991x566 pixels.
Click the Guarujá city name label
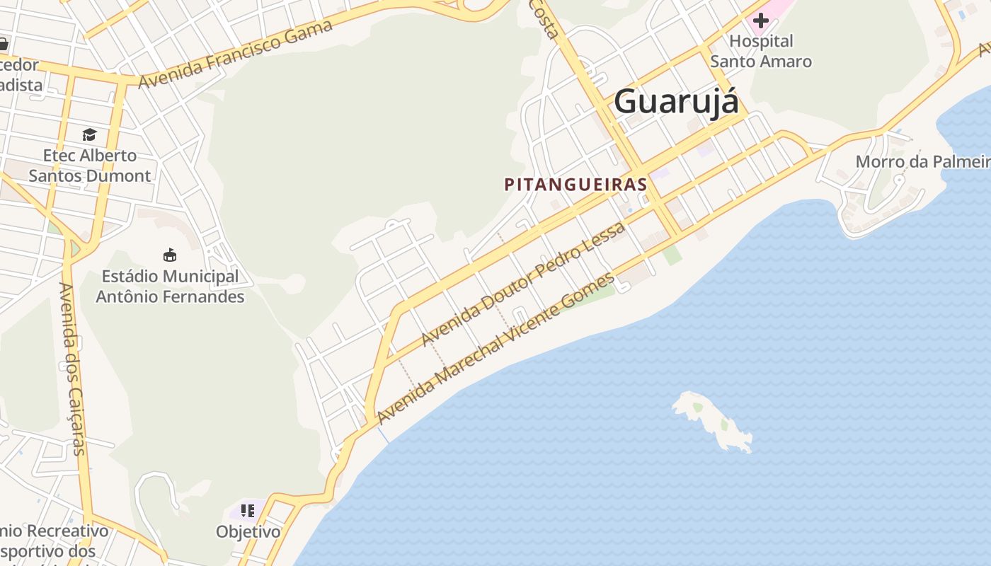coord(676,101)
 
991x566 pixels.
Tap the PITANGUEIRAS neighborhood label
coord(575,185)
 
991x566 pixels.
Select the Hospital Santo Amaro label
coord(761,51)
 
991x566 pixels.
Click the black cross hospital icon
coord(761,21)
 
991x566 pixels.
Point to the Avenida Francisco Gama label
coord(235,54)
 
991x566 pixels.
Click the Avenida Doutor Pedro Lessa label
coord(523,284)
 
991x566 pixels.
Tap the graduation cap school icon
coord(89,134)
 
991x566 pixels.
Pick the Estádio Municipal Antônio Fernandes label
coord(170,287)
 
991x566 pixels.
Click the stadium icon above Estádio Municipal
coord(170,255)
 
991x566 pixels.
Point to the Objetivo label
coord(248,531)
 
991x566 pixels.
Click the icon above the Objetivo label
coord(247,510)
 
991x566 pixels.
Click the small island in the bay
coord(711,420)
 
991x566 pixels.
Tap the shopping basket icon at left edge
coord(3,44)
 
